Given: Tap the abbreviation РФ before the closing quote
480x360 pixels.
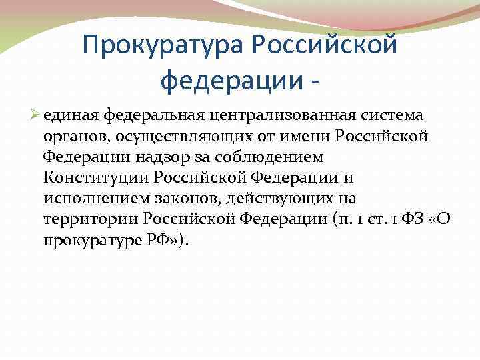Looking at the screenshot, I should pos(160,241).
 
